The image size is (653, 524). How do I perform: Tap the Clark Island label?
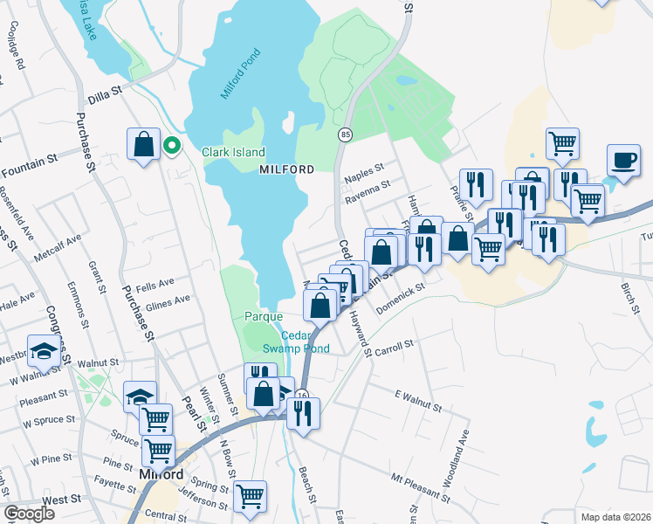click(x=233, y=152)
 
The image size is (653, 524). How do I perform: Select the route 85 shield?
click(x=346, y=134)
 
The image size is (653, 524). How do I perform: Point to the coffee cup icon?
click(x=624, y=162)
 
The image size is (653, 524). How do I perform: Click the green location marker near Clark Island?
click(x=173, y=147)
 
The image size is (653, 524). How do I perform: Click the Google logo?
click(x=30, y=513)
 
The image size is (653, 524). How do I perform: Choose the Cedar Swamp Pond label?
click(x=305, y=342)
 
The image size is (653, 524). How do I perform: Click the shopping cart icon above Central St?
click(x=250, y=496)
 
